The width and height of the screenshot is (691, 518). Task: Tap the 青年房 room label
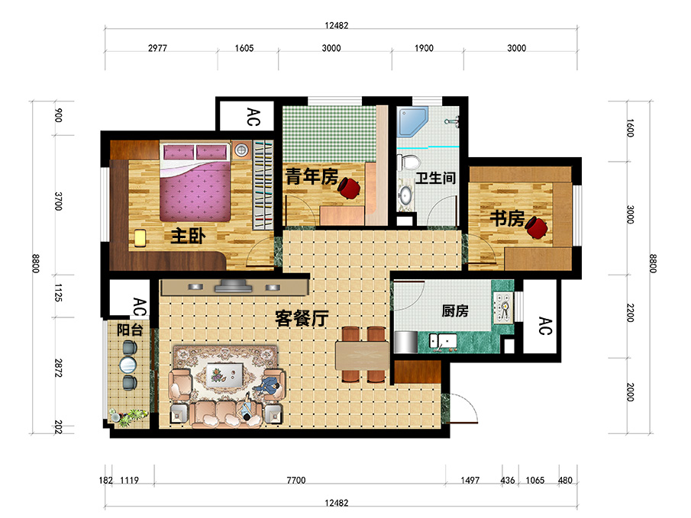pos(312,177)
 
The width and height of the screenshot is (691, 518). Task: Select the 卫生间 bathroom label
pos(435,179)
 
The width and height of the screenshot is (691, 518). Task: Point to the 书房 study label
pos(506,220)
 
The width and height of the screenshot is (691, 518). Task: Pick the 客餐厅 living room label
pos(301,320)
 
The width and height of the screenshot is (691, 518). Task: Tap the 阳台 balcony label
pos(130,330)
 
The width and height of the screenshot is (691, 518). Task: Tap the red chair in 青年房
pos(351,187)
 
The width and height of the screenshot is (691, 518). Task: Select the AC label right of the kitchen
pos(543,326)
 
